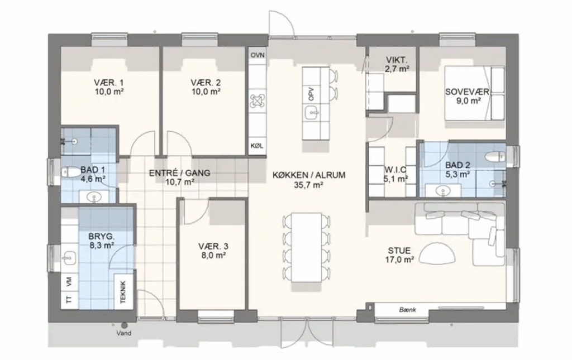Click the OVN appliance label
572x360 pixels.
click(258, 55)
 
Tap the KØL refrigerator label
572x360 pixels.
click(257, 146)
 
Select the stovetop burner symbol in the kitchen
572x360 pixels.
click(257, 102)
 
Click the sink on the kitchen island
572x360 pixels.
click(311, 113)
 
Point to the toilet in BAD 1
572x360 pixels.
click(68, 172)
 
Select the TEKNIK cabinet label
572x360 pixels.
click(123, 291)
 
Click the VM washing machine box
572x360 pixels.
click(69, 281)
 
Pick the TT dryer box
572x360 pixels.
click(69, 300)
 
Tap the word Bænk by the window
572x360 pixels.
click(407, 310)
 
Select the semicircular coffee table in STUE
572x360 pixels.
click(437, 253)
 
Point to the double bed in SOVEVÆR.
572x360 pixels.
click(474, 93)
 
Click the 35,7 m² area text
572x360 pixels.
click(308, 185)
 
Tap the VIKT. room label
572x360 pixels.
click(397, 60)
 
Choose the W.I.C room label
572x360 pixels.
click(396, 170)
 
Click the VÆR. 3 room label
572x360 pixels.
click(213, 246)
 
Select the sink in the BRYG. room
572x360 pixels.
click(69, 257)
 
